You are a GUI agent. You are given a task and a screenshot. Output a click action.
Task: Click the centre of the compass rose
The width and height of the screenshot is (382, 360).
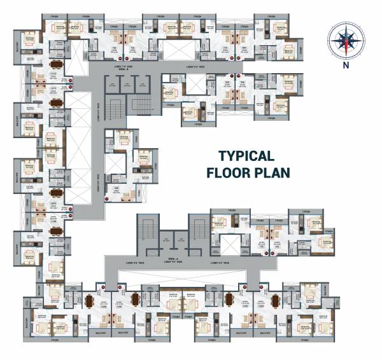pos(345,39)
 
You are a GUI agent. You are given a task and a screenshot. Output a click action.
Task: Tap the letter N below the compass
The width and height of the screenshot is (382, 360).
pos(345,65)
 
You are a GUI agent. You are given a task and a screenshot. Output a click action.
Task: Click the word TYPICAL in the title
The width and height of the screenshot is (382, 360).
pos(246,156)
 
